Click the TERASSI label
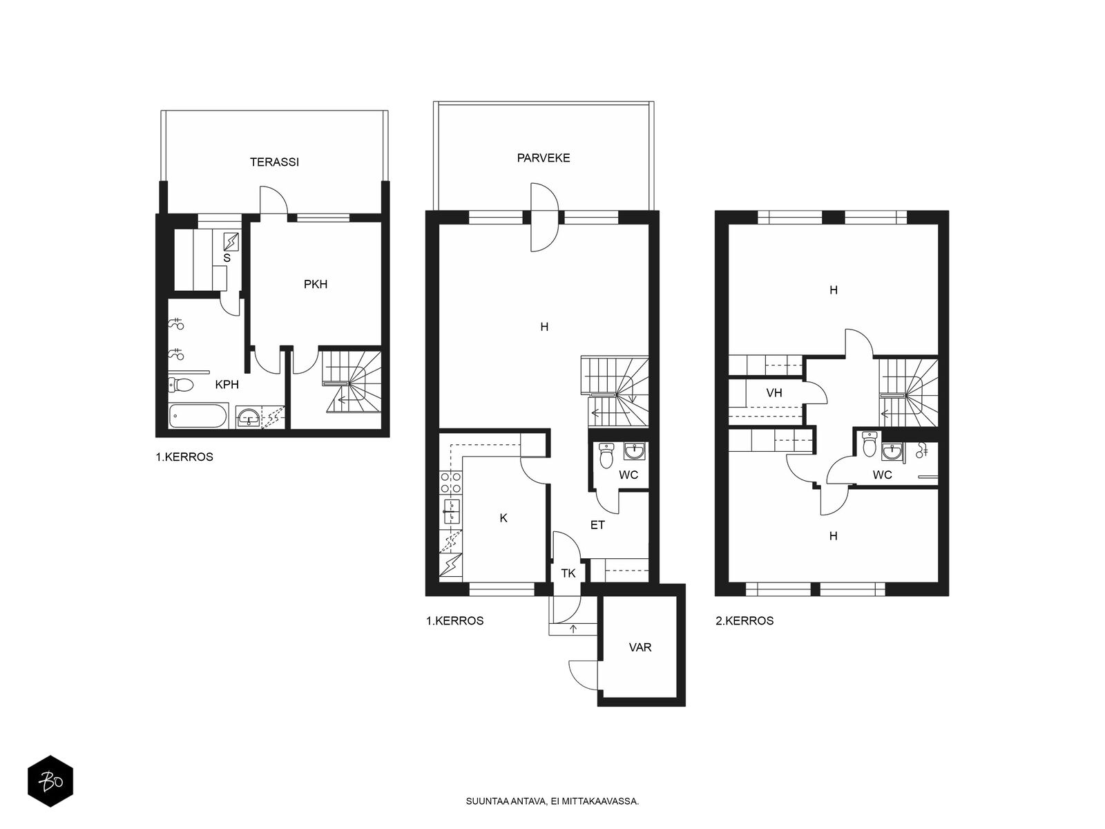[x=274, y=162]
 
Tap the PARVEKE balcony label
[x=544, y=158]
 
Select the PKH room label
[x=316, y=285]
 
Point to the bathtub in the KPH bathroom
[x=198, y=416]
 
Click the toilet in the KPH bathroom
[x=181, y=385]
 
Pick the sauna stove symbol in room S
[x=231, y=242]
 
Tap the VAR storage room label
[x=640, y=647]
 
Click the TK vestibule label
[x=568, y=573]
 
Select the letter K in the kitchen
[x=503, y=518]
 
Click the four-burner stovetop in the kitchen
[x=450, y=482]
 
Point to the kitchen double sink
[x=450, y=513]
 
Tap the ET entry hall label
[x=597, y=526]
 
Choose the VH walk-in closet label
[x=774, y=392]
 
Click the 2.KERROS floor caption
[x=744, y=620]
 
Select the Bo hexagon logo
[x=50, y=781]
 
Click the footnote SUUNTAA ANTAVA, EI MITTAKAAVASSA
[x=552, y=801]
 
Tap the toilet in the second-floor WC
[x=869, y=444]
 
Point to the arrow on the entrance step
[x=573, y=629]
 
